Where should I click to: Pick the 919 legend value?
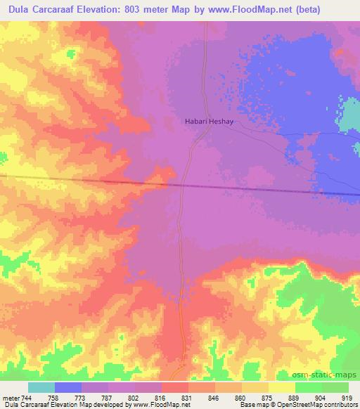click(x=347, y=398)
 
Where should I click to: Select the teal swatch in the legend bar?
click(x=41, y=387)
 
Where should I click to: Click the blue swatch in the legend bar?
click(x=68, y=387)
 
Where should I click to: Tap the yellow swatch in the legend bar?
click(x=281, y=387)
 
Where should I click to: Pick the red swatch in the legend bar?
click(x=175, y=387)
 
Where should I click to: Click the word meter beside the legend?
click(x=11, y=398)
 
